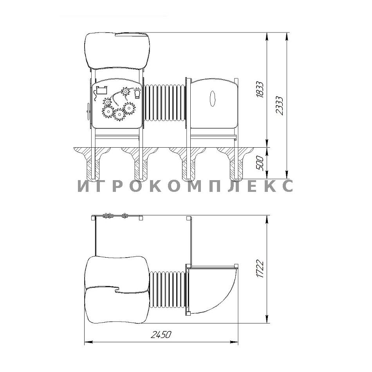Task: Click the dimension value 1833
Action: tap(260, 89)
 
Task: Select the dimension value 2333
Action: tap(280, 106)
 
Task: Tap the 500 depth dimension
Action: tap(260, 163)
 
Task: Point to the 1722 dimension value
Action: tap(260, 269)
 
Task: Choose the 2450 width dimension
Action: tap(161, 334)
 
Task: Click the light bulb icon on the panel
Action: tap(137, 93)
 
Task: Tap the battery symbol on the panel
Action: tap(101, 90)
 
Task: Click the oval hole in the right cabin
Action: tap(213, 99)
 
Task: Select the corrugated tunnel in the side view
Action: tap(164, 103)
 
